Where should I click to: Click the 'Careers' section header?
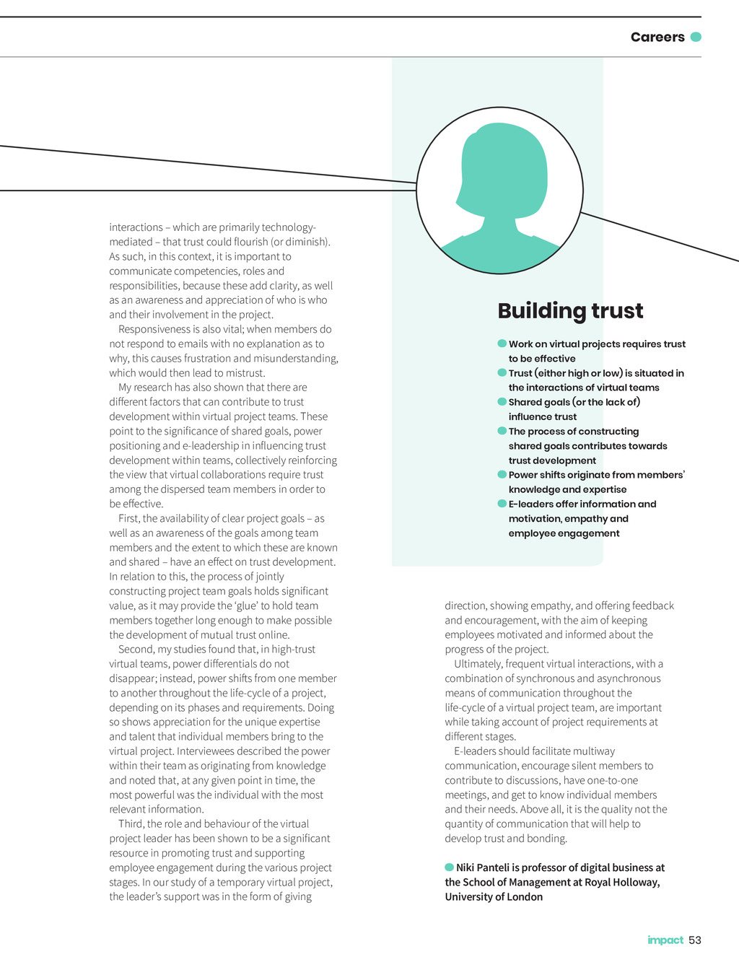coord(657,37)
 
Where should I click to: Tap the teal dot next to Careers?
coord(696,37)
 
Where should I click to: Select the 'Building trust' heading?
coord(570,310)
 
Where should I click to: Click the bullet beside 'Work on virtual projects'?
coord(502,344)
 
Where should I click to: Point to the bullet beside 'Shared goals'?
coord(502,401)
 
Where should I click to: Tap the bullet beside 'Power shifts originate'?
coord(502,474)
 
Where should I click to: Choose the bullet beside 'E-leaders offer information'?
coord(502,503)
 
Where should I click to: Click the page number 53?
coord(695,940)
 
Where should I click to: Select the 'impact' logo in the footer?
coord(665,940)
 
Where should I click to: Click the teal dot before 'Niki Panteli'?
coord(449,867)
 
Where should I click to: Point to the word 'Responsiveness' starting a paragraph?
coord(153,329)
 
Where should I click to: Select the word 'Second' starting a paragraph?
coord(136,650)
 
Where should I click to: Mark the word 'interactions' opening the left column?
coord(136,227)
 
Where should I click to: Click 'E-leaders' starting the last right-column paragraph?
coord(476,751)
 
